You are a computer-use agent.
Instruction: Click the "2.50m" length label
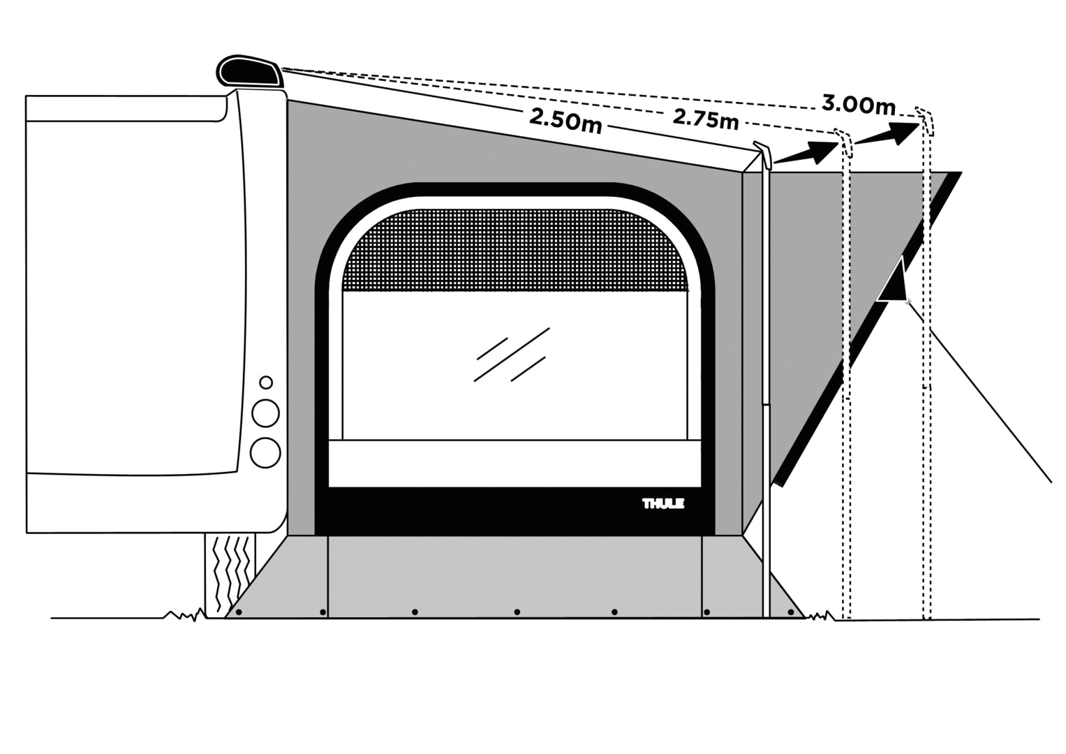(x=565, y=121)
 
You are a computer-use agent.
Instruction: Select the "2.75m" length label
(x=706, y=119)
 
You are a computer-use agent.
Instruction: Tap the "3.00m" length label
(x=859, y=105)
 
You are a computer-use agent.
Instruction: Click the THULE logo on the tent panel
(x=663, y=503)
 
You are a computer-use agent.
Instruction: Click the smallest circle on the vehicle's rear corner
(x=266, y=383)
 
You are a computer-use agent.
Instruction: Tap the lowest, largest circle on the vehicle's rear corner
(x=265, y=452)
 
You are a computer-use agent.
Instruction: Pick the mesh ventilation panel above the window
(x=515, y=251)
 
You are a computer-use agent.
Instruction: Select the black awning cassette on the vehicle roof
(x=250, y=72)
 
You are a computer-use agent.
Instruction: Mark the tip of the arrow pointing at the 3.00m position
(x=919, y=124)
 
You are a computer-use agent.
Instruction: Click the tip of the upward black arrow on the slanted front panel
(x=901, y=256)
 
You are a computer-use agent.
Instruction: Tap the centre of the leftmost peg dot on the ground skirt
(x=239, y=612)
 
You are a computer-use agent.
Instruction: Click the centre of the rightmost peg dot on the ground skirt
(x=791, y=612)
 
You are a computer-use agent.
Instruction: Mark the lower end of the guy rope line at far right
(x=1052, y=482)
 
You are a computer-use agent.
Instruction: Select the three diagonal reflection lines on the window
(x=512, y=355)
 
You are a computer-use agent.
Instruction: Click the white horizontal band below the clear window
(x=515, y=463)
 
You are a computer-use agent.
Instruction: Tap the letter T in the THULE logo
(x=646, y=503)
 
